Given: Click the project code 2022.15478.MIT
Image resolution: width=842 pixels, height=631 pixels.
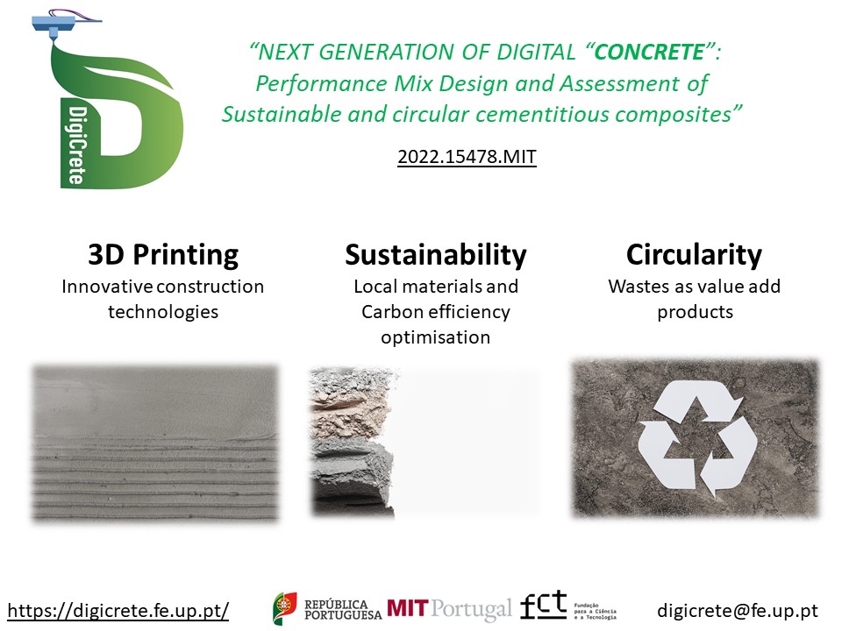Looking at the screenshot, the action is coord(467,157).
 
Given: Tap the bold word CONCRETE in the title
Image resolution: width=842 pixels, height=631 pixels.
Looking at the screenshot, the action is coord(649,52).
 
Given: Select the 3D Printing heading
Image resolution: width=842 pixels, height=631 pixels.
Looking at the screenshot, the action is coord(163,255).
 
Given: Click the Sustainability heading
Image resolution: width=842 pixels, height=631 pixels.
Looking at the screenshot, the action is coord(436,254).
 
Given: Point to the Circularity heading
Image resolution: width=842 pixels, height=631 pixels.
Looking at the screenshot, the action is coord(694,254).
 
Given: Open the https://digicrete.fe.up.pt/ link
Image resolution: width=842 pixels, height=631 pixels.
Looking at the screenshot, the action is coord(118,611).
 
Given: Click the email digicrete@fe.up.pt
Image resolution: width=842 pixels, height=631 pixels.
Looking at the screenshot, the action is coord(738,611).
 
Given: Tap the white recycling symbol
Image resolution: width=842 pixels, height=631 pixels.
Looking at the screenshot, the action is coord(697,438).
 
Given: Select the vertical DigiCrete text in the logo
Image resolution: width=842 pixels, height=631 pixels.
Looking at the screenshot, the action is coord(76,145).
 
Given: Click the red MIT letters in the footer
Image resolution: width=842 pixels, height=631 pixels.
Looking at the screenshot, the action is coord(408,608).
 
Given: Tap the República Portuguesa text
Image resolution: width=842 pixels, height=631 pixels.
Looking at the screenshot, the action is coord(343,610).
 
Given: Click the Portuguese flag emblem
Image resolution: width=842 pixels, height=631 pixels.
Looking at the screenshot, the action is coord(284,608).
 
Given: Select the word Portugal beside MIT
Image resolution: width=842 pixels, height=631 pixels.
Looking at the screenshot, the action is coord(471,610).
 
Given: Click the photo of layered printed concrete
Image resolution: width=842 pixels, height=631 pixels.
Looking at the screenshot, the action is coord(156,443).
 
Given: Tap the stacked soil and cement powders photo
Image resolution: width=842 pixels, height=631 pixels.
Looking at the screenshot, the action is coord(352,443).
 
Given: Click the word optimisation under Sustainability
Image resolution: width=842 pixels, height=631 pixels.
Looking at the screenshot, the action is coord(436,337).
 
